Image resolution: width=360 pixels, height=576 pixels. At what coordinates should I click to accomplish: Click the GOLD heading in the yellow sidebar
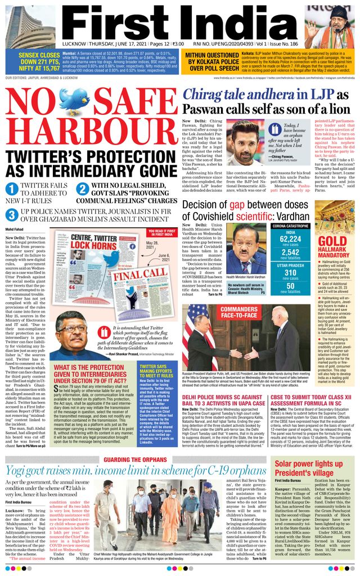pyautogui.click(x=332, y=241)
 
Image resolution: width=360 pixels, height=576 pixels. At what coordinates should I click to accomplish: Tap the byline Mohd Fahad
pyautogui.click(x=16, y=229)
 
